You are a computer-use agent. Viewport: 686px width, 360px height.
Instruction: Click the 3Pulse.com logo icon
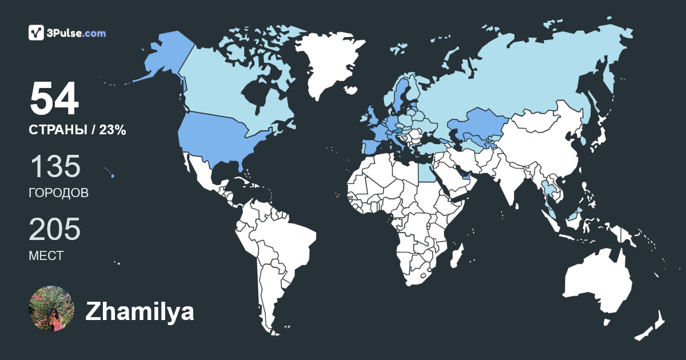37,33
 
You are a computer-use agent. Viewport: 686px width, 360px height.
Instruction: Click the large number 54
54,99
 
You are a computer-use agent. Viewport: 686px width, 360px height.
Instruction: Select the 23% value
113,130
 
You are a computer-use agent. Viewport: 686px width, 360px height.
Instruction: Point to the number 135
55,167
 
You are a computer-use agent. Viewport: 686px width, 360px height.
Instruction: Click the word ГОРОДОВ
58,193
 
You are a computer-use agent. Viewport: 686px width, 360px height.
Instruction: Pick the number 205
55,230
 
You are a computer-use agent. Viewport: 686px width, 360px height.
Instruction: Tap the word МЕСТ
46,256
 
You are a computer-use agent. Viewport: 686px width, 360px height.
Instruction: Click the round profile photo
51,309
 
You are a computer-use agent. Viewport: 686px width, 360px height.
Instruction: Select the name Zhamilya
139,312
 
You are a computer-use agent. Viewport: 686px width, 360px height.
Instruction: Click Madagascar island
456,254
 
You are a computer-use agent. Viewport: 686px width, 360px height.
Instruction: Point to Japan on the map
597,137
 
